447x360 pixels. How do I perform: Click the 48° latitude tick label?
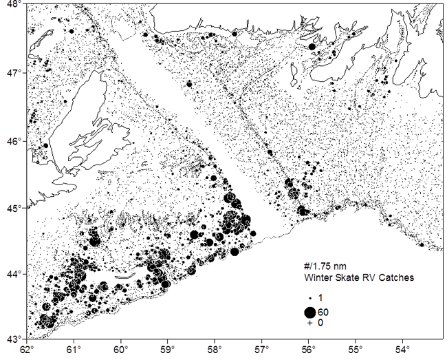click(13, 6)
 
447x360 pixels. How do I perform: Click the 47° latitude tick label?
click(13, 72)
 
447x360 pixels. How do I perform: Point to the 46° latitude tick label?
click(13, 140)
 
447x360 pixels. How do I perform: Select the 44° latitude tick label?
click(13, 274)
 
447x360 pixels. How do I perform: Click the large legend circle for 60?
click(310, 313)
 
